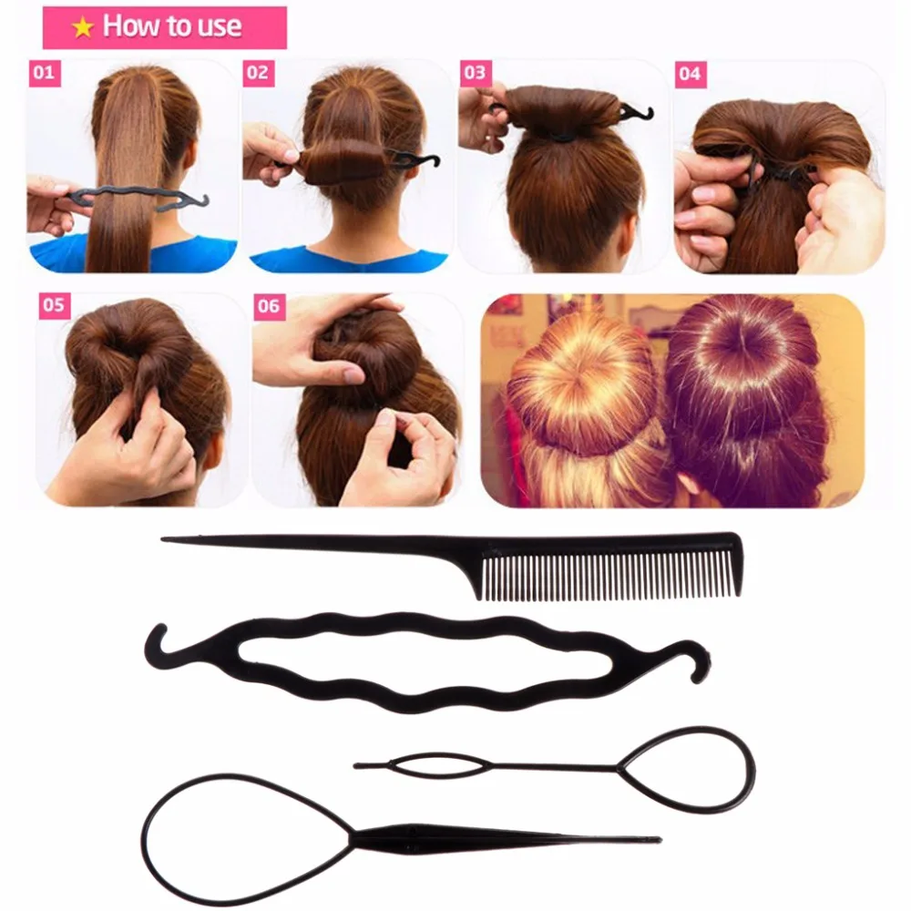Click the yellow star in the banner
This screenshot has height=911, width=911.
[x=83, y=27]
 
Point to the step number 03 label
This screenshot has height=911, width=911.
[x=475, y=72]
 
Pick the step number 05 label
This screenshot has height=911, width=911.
[x=54, y=305]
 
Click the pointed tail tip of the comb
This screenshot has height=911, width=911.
[x=167, y=539]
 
